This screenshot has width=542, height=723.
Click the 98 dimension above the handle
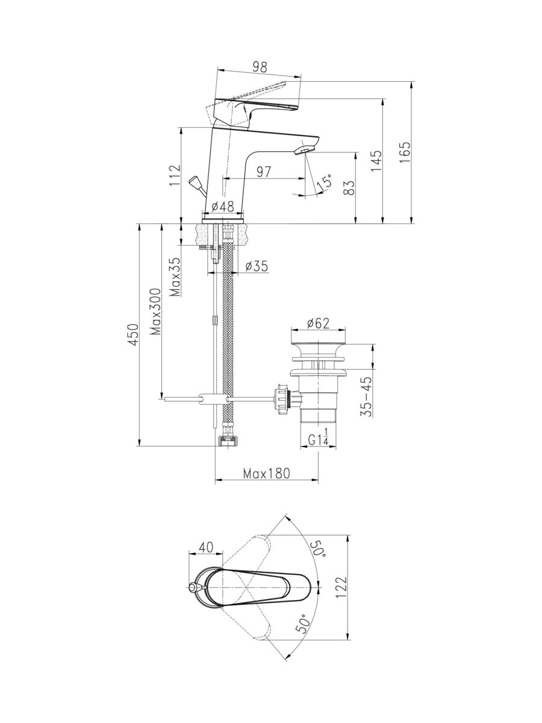point(260,67)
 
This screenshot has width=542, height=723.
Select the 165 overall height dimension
point(405,152)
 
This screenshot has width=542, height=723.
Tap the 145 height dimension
point(376,161)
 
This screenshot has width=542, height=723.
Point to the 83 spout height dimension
point(350,188)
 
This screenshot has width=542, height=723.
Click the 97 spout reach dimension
point(264,172)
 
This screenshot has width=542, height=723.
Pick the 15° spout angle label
point(325,183)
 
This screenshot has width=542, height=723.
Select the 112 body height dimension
point(175,175)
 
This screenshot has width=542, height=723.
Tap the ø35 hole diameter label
point(257,266)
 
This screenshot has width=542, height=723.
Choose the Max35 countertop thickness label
point(176,277)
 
